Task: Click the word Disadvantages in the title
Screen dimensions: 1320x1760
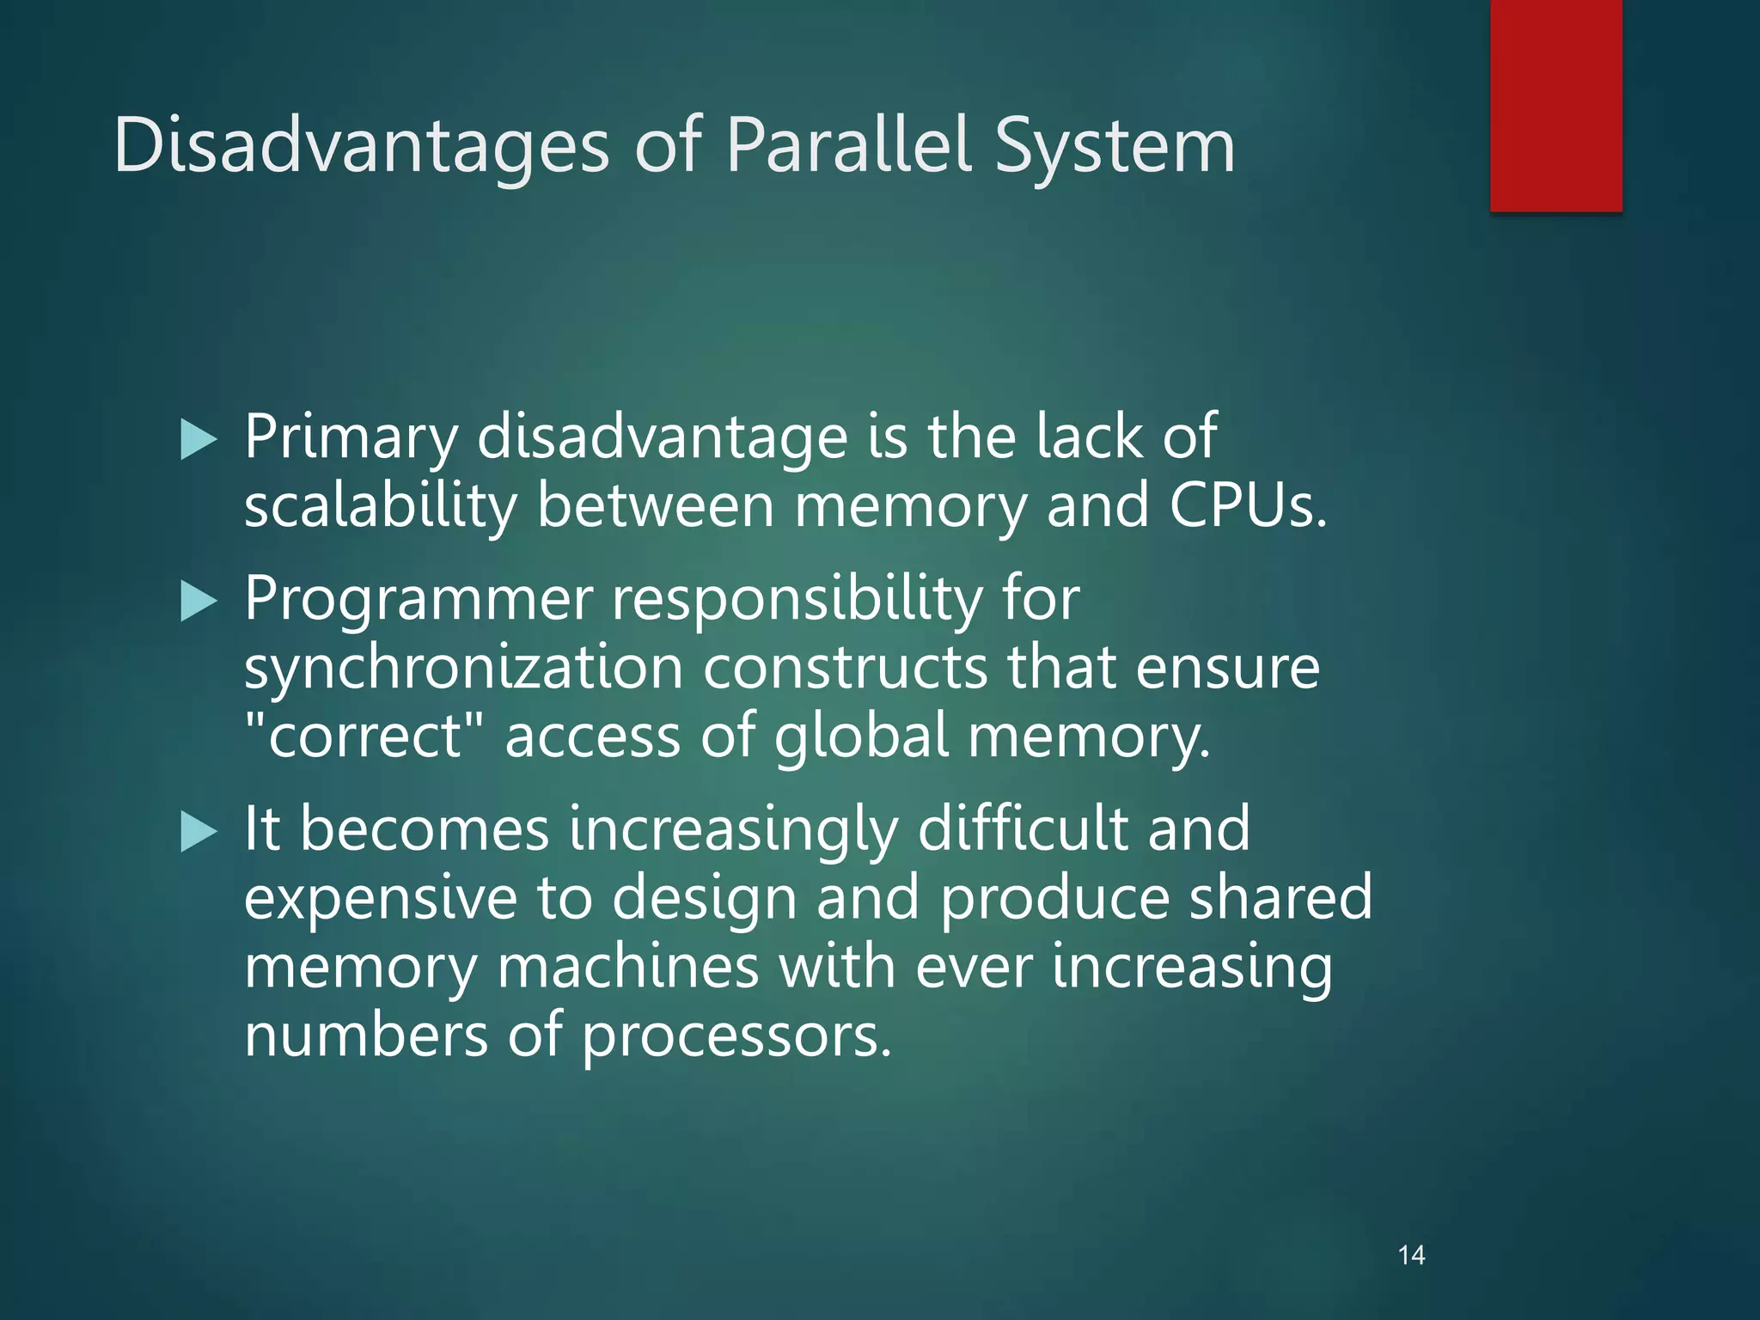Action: pos(361,146)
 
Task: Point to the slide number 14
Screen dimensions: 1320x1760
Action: pos(1411,1256)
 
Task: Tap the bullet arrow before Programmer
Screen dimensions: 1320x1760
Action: pos(199,602)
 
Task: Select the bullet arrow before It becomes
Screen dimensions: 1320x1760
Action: pos(199,832)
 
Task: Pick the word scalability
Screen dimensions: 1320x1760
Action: pos(380,507)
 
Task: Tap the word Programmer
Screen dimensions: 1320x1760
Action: pos(419,600)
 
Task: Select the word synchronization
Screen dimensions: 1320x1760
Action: pos(463,669)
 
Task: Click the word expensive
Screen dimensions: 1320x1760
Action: pos(381,899)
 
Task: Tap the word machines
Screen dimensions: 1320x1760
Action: pos(628,968)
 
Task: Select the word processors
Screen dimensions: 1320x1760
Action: pos(736,1036)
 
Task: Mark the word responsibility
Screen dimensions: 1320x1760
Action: pos(797,600)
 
